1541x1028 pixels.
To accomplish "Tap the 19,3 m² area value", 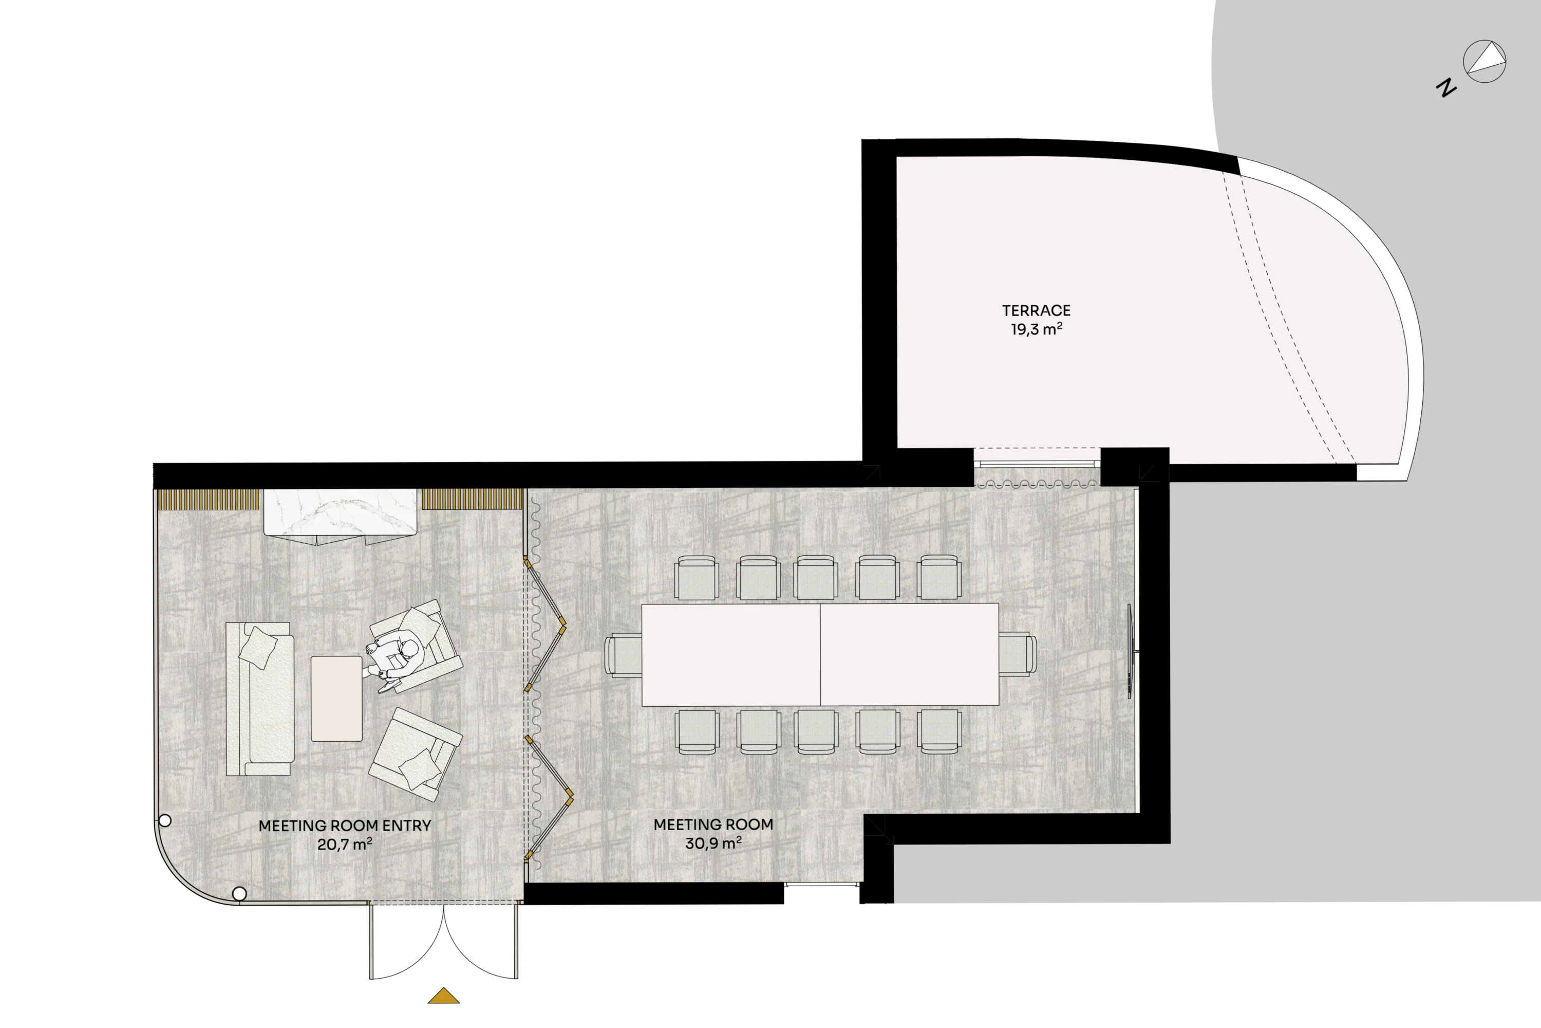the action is click(1036, 328).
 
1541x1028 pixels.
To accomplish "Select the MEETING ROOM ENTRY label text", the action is click(345, 825).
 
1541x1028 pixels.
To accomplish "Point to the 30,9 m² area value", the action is click(713, 842).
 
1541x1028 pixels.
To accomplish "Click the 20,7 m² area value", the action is click(345, 844).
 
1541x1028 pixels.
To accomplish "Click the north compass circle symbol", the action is click(1484, 61).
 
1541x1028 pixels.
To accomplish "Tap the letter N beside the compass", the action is click(1446, 87).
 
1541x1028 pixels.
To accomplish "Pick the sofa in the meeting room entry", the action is click(259, 699).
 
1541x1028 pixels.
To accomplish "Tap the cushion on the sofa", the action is click(257, 647).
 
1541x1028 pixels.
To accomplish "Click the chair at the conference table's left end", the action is click(623, 654).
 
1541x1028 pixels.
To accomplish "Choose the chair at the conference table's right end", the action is click(1018, 654).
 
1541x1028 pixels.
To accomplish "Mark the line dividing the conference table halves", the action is click(820, 654).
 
